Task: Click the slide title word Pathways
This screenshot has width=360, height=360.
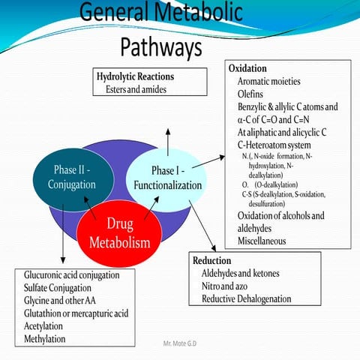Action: [x=160, y=46]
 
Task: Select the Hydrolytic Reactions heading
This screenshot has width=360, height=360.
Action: [x=135, y=76]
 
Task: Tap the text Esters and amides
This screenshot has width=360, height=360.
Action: [x=136, y=89]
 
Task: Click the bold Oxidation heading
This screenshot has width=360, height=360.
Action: [x=247, y=68]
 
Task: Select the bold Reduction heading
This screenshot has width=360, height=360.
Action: [x=211, y=259]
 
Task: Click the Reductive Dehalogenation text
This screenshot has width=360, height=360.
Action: [x=246, y=298]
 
